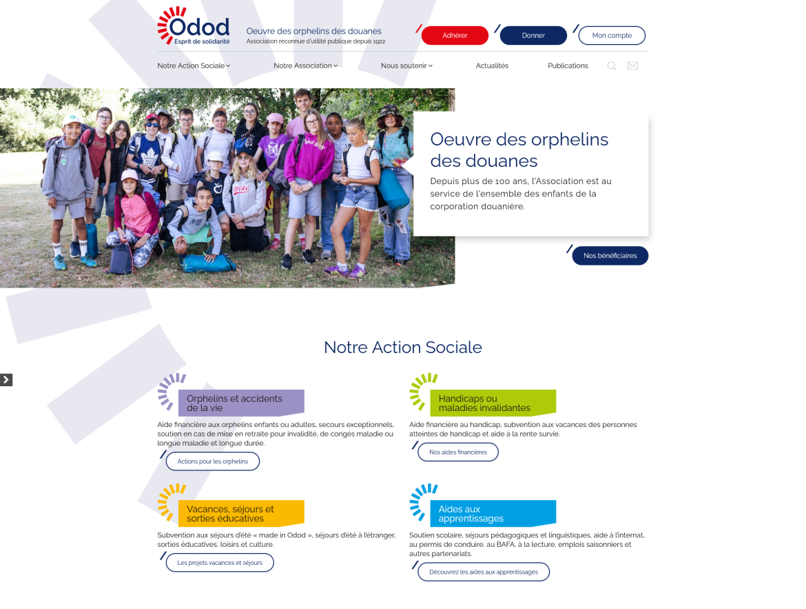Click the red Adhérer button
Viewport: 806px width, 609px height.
(x=455, y=36)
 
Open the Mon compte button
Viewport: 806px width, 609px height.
(x=612, y=36)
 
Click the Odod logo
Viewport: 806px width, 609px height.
(x=194, y=26)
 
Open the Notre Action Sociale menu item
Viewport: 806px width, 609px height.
(x=194, y=66)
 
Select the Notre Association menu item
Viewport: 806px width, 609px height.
(x=305, y=66)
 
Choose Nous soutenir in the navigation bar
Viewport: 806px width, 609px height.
(x=406, y=66)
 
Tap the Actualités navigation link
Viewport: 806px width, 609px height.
(x=492, y=66)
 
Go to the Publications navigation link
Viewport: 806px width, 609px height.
(x=568, y=66)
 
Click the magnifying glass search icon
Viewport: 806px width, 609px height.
(x=612, y=66)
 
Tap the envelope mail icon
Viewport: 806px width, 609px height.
(x=633, y=66)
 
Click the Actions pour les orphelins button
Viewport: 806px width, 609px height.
(x=213, y=461)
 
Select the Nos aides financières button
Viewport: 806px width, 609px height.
(x=458, y=452)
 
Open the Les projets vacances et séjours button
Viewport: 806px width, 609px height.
(x=220, y=563)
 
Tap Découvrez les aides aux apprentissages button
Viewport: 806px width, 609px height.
(x=484, y=572)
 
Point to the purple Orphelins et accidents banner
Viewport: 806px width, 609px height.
(x=241, y=403)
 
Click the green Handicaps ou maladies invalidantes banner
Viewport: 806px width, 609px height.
(x=493, y=403)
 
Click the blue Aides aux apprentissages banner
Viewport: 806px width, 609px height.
(x=493, y=513)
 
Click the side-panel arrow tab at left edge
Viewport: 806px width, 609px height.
(x=6, y=380)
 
